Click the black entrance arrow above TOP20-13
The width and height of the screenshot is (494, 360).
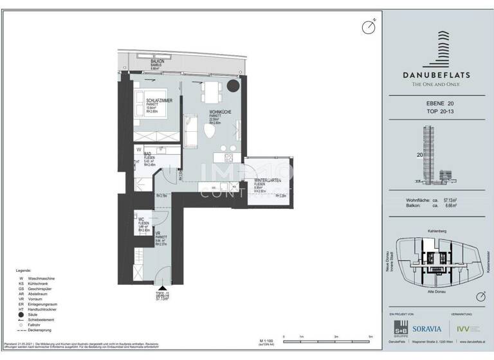[163, 290]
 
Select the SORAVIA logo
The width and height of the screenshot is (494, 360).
[430, 328]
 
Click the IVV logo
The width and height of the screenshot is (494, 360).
[473, 328]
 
